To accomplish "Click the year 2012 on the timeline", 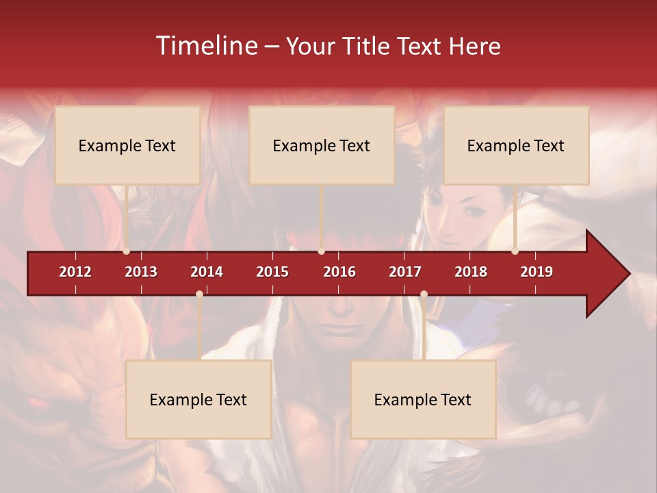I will [75, 272].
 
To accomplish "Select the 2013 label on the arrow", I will [141, 272].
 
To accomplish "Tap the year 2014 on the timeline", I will [207, 272].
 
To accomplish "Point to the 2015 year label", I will [272, 272].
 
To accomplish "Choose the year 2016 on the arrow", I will [339, 272].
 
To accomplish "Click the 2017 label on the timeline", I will [405, 272].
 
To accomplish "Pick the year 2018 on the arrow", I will [471, 272].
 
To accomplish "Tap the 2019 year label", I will [537, 272].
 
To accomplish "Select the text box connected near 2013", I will [127, 145].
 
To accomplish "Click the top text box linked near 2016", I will [322, 145].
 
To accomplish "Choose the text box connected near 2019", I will [516, 145].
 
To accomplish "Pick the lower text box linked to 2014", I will [198, 399].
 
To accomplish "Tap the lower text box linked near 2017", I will [423, 399].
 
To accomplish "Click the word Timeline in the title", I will [206, 46].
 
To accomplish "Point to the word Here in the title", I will [474, 47].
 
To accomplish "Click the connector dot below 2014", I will [199, 294].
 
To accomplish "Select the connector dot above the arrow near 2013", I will [127, 251].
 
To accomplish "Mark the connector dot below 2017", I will [424, 294].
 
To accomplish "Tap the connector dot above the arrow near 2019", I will [515, 251].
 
